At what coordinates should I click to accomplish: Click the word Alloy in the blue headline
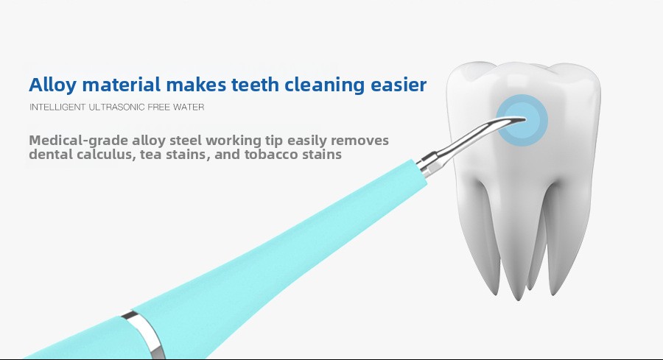53,85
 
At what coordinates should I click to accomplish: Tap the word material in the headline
121,85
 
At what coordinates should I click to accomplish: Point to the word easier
399,85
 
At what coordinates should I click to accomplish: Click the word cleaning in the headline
324,85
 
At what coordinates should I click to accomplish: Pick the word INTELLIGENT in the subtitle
57,107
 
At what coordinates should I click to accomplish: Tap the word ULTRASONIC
116,107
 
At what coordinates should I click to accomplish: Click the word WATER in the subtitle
189,107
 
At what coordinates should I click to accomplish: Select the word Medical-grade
78,141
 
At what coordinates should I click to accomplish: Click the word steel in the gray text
186,141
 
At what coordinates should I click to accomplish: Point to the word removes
359,141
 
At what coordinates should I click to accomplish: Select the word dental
51,154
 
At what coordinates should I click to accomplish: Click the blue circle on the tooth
522,121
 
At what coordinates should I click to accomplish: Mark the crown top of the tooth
524,70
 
